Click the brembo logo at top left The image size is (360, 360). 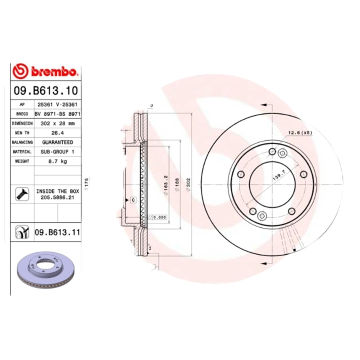[x=46, y=71]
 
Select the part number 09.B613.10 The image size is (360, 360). [x=45, y=90]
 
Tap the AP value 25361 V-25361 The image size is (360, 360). [x=57, y=104]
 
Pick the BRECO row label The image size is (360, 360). [x=22, y=114]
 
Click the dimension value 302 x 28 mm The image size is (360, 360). [x=57, y=123]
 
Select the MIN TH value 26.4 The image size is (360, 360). [x=57, y=133]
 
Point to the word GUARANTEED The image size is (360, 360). [x=57, y=142]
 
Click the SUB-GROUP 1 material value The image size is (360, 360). [x=57, y=152]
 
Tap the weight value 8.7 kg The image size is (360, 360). [x=57, y=161]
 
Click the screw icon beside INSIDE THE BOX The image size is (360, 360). [x=22, y=194]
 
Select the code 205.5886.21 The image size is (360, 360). [x=57, y=198]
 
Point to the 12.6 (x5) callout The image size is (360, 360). [x=300, y=133]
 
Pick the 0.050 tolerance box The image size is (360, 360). [x=158, y=217]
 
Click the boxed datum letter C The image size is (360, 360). [x=133, y=199]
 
